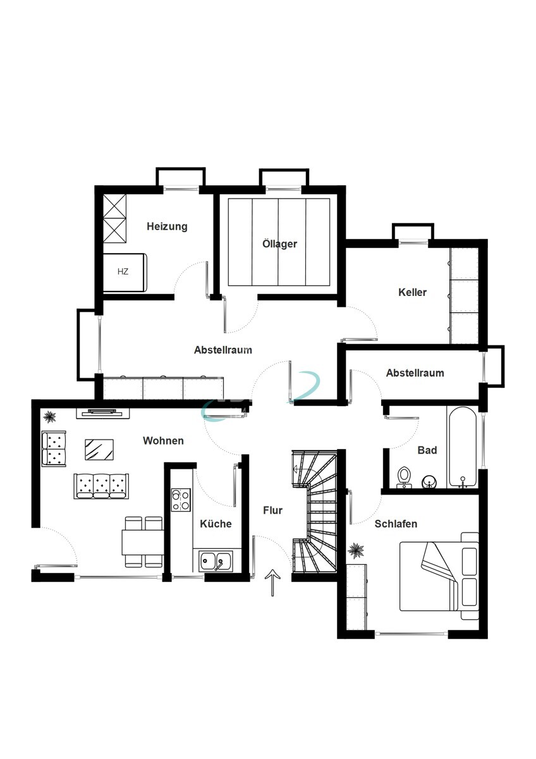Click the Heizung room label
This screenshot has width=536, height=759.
coord(167,226)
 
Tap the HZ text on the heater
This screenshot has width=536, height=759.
coord(123,271)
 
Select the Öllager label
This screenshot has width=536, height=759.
coord(279,244)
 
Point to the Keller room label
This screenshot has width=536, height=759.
coord(412,292)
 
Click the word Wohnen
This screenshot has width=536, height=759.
coord(163,440)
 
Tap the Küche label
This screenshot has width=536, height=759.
coord(216,524)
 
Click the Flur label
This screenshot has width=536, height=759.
coord(272,510)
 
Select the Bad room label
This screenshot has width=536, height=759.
coord(427,450)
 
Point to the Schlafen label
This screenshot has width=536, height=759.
coord(396,524)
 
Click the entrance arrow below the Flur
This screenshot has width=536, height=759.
coord(272,583)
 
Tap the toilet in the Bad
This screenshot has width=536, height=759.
coord(403,477)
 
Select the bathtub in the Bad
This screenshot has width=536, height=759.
coord(463,447)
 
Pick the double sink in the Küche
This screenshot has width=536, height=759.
coord(216,562)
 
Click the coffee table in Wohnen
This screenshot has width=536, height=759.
coord(99,450)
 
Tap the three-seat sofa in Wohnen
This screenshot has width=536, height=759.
coord(101,486)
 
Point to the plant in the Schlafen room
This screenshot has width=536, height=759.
coord(356,550)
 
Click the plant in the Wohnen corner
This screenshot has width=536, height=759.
coord(50,416)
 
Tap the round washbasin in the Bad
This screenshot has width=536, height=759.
coord(429,481)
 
